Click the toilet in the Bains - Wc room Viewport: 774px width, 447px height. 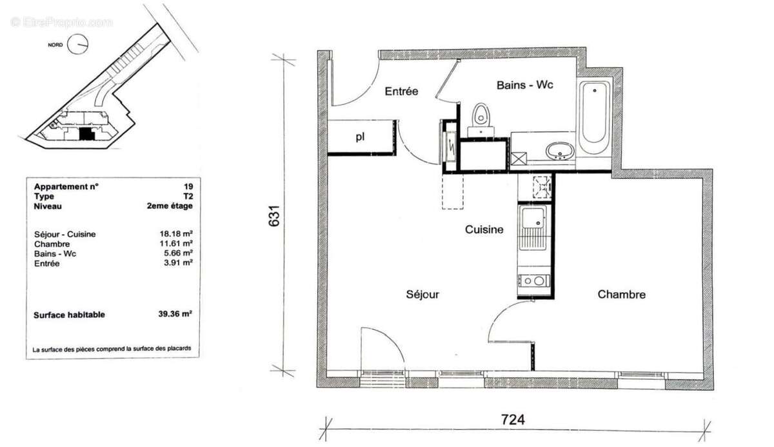pos(481,117)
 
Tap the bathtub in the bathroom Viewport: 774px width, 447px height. pos(594,117)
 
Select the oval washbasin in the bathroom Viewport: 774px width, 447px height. pos(559,151)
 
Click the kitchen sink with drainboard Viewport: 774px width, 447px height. pos(533,228)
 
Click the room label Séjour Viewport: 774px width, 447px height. pos(422,294)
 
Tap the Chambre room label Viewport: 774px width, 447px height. pos(621,294)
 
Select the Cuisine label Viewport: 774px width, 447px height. pos(484,229)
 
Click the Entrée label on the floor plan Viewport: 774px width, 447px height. pos(401,92)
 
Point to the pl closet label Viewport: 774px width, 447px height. pos(359,137)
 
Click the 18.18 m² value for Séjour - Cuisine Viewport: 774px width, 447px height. pos(179,234)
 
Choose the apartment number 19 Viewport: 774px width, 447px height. pos(187,186)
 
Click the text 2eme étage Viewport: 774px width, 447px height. pos(169,206)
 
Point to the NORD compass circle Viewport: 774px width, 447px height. pos(79,44)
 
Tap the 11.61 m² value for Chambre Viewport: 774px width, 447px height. pos(179,244)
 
